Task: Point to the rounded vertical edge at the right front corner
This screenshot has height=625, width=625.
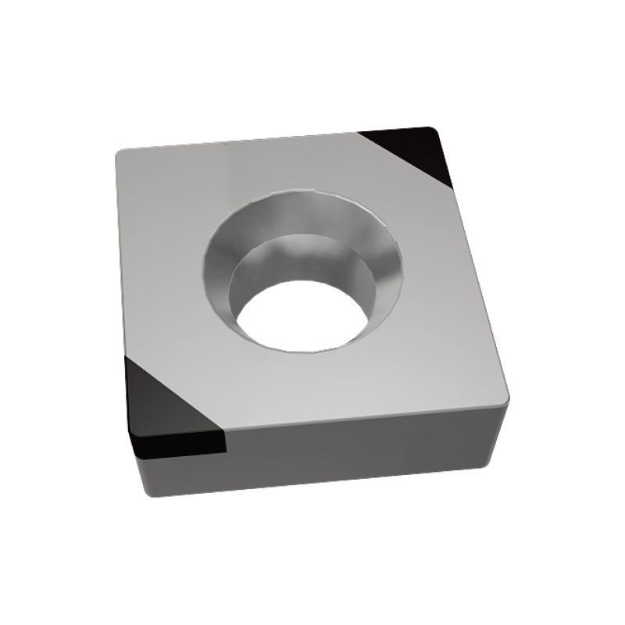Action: [500, 426]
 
